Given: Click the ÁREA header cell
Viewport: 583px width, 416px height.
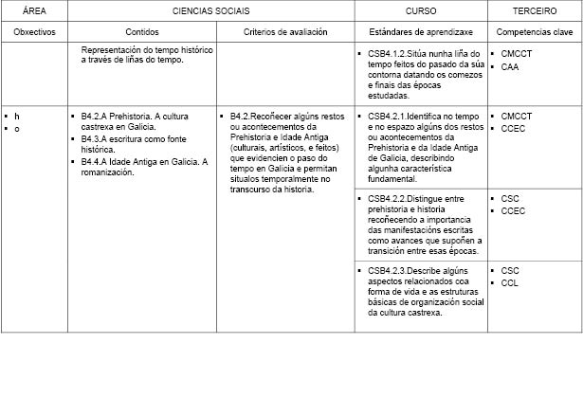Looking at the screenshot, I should [33, 10].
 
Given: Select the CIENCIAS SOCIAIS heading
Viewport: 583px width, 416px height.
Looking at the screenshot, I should [210, 10].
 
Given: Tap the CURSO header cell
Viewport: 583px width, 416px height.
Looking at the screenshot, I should [420, 10].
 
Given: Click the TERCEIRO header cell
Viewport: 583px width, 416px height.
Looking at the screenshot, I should [535, 10].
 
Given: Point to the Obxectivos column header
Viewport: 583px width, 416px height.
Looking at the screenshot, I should [34, 32].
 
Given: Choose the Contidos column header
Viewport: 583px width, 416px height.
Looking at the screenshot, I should [142, 32].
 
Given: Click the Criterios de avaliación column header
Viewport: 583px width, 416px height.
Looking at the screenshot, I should [285, 32].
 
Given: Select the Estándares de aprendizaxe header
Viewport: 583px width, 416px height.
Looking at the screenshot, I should [420, 32].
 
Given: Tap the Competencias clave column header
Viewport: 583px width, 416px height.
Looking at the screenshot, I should [535, 32].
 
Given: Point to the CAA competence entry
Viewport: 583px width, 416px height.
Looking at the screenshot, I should [510, 67].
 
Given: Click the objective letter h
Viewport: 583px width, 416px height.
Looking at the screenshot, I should [17, 116].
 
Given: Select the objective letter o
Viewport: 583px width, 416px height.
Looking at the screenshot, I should [17, 128].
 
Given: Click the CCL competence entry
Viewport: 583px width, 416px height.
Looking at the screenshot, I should [509, 283].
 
